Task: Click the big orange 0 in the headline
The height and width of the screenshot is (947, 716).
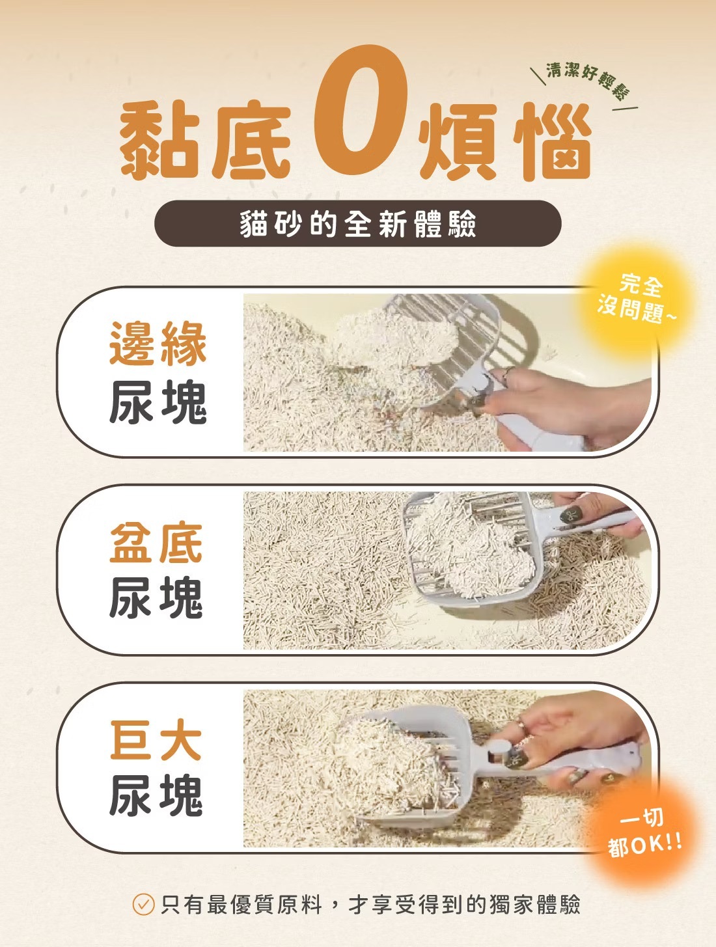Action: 361,111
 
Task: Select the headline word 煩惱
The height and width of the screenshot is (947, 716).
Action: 504,141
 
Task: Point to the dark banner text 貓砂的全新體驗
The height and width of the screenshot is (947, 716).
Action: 358,224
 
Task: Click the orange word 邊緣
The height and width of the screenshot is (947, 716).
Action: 158,344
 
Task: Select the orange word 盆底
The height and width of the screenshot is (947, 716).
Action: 156,542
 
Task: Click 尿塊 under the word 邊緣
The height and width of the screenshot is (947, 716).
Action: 158,402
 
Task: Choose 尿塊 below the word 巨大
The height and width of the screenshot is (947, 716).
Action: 156,795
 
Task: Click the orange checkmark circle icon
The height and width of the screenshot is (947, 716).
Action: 143,905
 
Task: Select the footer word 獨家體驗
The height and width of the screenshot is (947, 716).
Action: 535,905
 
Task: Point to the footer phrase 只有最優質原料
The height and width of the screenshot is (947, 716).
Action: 241,905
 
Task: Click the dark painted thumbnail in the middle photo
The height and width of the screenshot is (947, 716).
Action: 571,514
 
